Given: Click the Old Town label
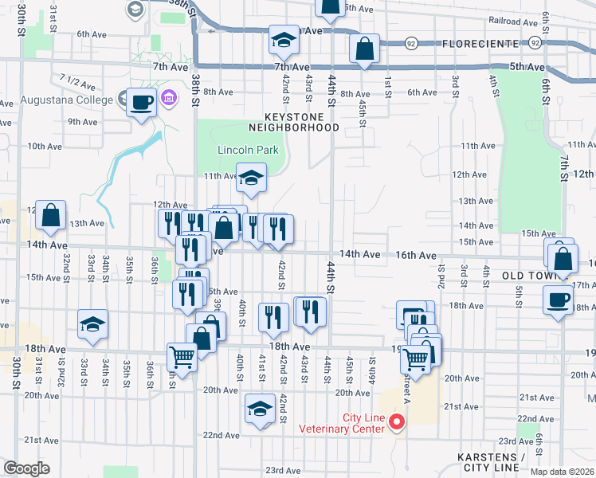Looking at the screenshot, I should (528, 276).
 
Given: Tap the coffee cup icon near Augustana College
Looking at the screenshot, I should (142, 103).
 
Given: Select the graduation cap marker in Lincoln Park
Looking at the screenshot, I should (251, 178).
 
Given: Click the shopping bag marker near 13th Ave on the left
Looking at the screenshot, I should (51, 215).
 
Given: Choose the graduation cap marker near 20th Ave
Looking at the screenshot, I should (260, 408).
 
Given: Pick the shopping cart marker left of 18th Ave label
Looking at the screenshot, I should (182, 358).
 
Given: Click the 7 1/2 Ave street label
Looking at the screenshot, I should (76, 81).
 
